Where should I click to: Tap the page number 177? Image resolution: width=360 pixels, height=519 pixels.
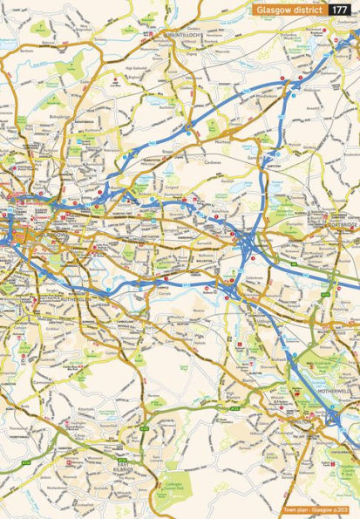tap(343, 9)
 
